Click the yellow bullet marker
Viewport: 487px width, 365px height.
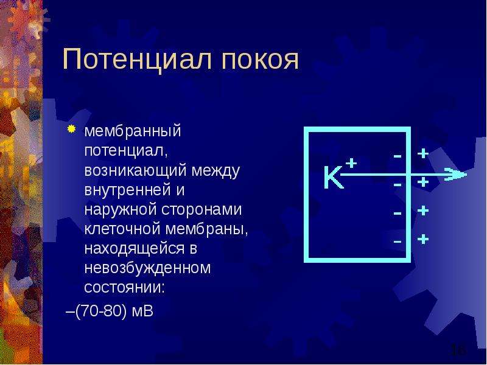click(x=71, y=129)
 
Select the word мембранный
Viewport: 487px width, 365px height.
click(x=133, y=131)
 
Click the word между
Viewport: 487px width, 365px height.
click(x=215, y=170)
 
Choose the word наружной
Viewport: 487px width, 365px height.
click(x=121, y=209)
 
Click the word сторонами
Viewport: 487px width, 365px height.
click(x=201, y=209)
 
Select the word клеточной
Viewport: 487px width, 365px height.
click(x=122, y=229)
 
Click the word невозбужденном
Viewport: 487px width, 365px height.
click(x=147, y=268)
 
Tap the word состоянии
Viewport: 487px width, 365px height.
click(x=124, y=288)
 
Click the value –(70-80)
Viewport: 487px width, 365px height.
click(x=97, y=311)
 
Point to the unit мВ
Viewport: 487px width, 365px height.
click(x=142, y=311)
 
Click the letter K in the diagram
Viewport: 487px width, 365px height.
click(x=333, y=177)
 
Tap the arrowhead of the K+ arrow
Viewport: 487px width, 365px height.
click(x=455, y=174)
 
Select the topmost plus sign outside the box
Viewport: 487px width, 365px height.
click(x=422, y=153)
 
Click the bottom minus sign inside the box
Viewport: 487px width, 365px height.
click(x=398, y=241)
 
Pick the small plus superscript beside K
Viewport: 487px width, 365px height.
click(x=351, y=162)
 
